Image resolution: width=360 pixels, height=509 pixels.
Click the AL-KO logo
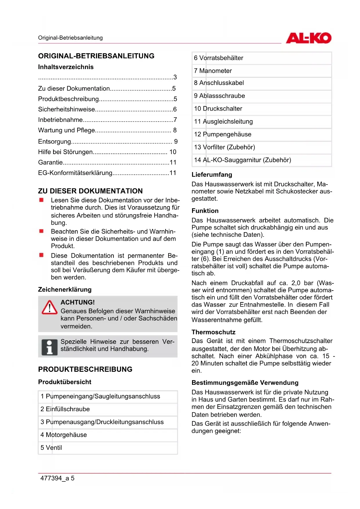click(308, 38)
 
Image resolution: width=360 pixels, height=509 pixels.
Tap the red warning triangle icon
click(49, 308)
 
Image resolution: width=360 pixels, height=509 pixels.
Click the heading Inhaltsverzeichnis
click(66, 67)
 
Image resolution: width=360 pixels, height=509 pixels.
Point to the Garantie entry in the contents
click(50, 162)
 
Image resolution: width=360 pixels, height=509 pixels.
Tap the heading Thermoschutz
click(213, 332)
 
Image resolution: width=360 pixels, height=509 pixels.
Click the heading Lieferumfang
click(212, 175)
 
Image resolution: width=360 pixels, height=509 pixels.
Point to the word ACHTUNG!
click(78, 302)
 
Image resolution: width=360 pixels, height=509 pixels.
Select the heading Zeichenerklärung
click(65, 289)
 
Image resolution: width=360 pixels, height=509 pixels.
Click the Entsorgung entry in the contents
click(55, 141)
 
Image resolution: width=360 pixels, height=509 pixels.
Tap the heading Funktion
click(205, 211)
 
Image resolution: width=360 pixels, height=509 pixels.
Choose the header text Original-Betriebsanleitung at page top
click(70, 38)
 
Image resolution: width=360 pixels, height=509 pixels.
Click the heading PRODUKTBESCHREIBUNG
click(85, 369)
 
